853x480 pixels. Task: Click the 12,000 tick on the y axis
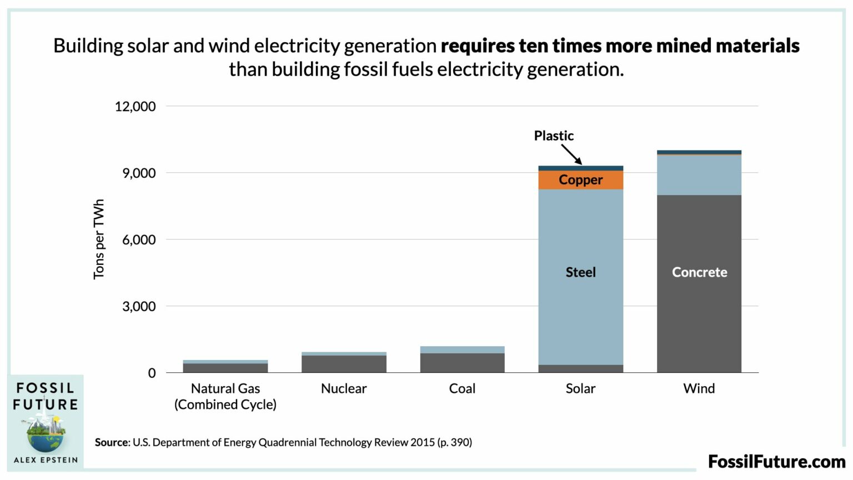(x=135, y=106)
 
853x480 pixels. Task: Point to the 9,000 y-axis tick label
(x=139, y=173)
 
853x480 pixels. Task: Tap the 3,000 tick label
(x=139, y=306)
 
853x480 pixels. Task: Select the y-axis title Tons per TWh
(x=99, y=239)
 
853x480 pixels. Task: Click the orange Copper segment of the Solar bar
(x=580, y=180)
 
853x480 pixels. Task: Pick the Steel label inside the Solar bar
(x=580, y=272)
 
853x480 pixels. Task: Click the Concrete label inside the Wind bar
(x=699, y=272)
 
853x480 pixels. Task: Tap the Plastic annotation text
(x=554, y=136)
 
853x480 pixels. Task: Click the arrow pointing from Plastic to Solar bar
(x=571, y=154)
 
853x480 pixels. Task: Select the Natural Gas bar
(x=225, y=367)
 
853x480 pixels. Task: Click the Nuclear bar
(x=344, y=363)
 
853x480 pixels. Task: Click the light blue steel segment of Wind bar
(x=699, y=175)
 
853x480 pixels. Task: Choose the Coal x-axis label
(x=462, y=388)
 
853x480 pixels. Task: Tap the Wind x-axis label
(x=699, y=388)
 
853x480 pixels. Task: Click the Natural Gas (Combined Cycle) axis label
(x=225, y=396)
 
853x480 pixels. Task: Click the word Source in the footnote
(x=112, y=442)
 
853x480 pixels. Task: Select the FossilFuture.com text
(x=776, y=461)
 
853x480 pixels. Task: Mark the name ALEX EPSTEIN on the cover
(x=46, y=460)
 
